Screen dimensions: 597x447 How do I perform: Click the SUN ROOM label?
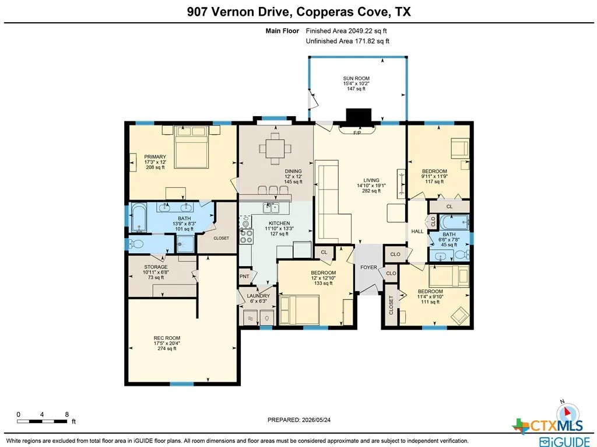356,79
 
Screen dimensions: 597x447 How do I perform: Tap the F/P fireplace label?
357,133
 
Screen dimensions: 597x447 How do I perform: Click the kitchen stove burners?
247,236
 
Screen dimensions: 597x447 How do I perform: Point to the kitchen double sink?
271,208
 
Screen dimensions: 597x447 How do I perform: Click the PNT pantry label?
244,276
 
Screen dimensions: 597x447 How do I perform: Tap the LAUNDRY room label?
258,296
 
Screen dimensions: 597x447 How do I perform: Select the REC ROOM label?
167,338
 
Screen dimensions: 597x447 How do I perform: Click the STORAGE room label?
156,267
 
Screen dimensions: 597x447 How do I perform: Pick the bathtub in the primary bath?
139,217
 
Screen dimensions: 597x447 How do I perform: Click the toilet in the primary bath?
135,244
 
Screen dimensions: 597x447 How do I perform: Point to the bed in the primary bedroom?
191,147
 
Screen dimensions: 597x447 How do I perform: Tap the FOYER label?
368,267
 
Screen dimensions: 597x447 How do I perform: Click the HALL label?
417,231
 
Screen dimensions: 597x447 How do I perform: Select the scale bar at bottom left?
42,421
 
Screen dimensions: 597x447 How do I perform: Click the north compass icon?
567,411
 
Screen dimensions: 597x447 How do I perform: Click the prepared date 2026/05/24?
316,420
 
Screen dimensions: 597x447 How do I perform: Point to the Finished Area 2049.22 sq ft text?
346,31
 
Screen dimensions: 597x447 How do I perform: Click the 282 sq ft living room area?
371,191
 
